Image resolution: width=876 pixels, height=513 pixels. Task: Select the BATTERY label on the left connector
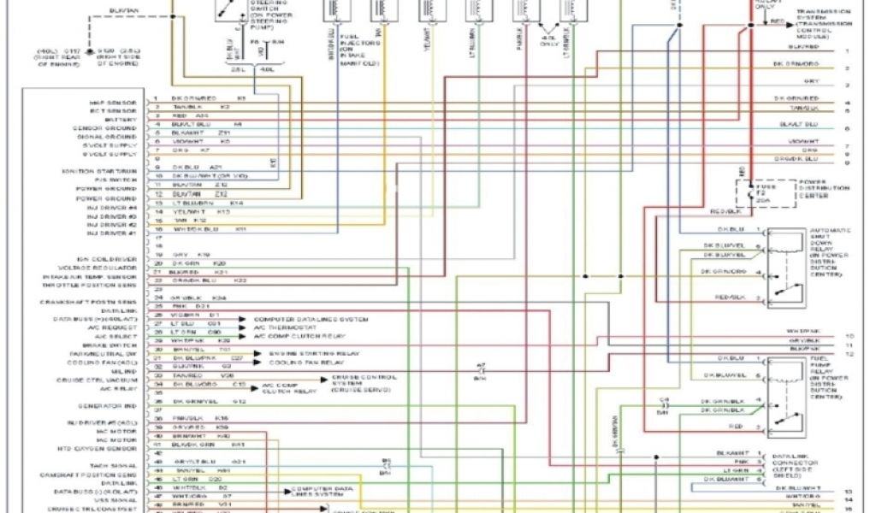121,120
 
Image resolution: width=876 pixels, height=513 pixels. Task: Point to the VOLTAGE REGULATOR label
107,268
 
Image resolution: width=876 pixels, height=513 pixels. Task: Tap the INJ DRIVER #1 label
113,233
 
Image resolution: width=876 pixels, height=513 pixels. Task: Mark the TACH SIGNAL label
115,466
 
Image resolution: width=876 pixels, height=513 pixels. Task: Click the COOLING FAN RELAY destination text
298,363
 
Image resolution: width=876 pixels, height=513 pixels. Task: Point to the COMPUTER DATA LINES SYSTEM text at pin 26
311,319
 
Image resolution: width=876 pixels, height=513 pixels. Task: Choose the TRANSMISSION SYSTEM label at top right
820,23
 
